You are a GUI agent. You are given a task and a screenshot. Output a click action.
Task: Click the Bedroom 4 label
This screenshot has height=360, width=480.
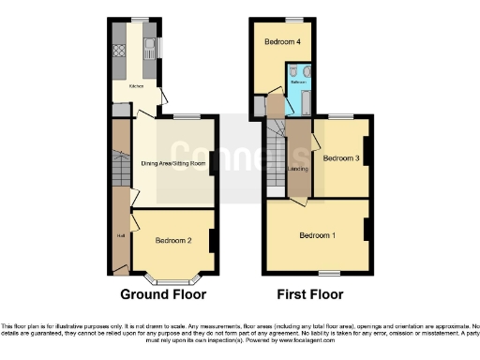(x=282, y=42)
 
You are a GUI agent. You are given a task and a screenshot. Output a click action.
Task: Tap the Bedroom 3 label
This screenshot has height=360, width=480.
(x=341, y=158)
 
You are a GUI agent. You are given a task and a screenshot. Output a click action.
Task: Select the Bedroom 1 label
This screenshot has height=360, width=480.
(x=318, y=233)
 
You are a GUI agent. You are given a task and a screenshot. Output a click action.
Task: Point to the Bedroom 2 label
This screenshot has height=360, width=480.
(x=173, y=241)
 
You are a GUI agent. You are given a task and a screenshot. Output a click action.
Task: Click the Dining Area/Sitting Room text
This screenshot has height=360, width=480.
(x=172, y=163)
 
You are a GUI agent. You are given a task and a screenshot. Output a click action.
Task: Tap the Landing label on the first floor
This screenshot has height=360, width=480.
(x=299, y=169)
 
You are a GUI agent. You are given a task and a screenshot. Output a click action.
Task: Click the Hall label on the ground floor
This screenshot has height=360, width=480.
(x=120, y=235)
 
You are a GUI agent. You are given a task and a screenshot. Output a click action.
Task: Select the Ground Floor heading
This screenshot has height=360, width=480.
(x=163, y=293)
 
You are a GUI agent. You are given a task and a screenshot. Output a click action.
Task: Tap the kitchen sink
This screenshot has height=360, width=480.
(x=148, y=46)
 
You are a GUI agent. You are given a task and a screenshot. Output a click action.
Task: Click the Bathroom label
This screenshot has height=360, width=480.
(x=298, y=82)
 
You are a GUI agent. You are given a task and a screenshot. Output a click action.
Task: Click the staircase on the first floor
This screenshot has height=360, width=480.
(x=275, y=159)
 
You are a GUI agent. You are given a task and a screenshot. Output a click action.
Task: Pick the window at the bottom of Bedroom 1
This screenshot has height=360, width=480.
(x=329, y=273)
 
